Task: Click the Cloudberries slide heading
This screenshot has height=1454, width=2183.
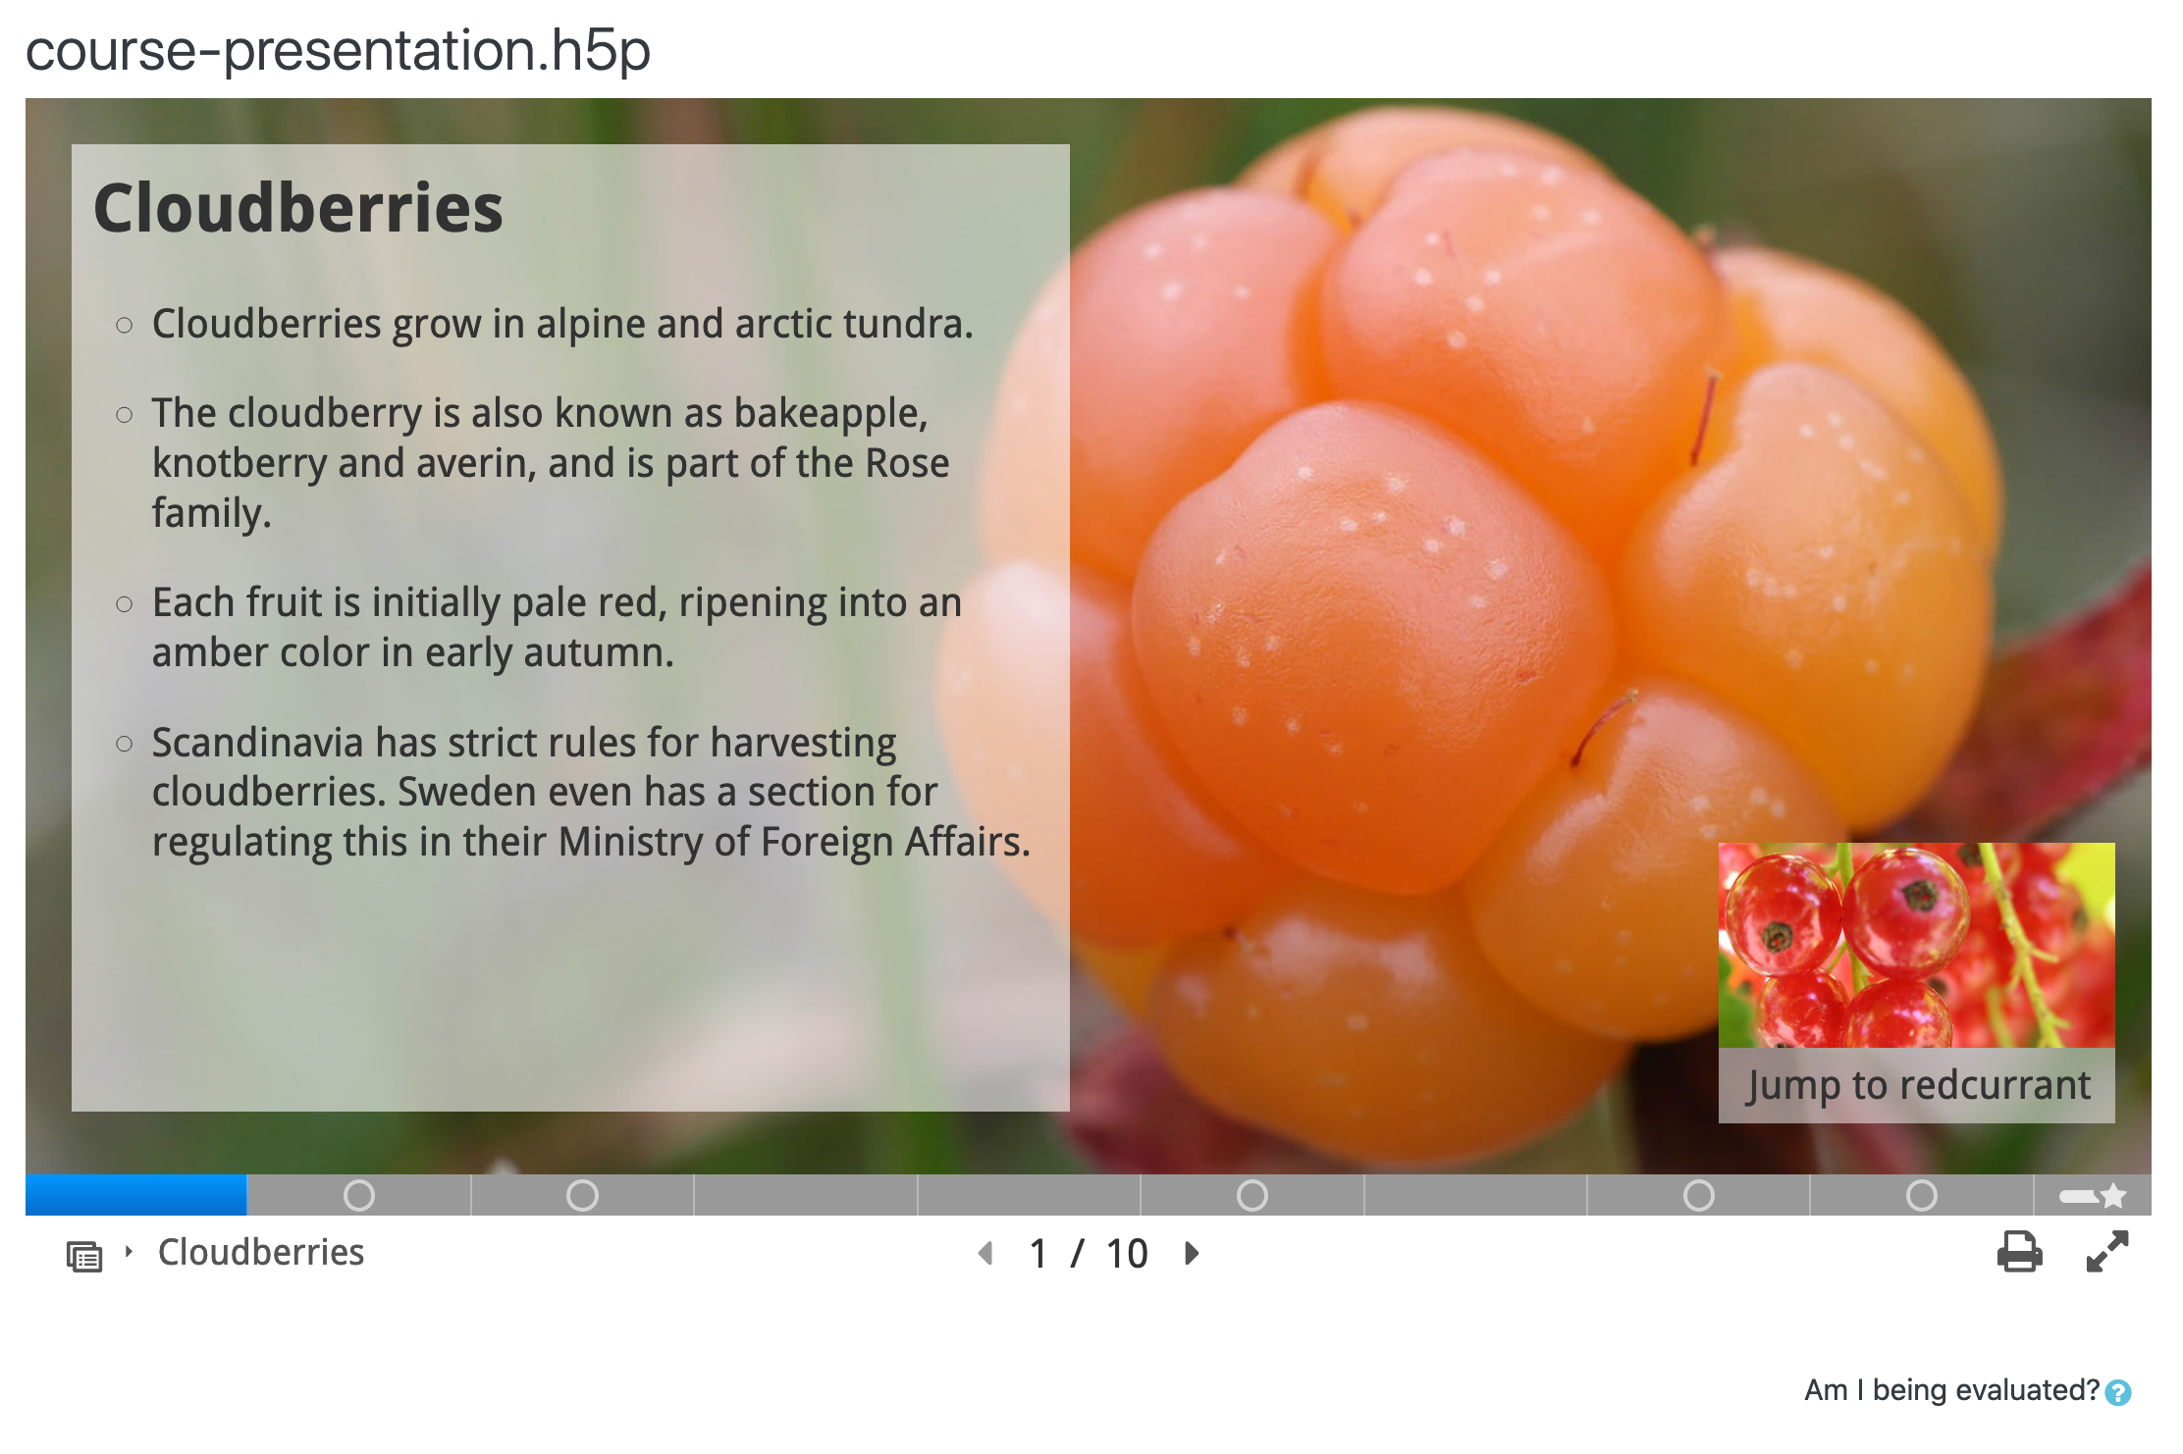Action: coord(298,208)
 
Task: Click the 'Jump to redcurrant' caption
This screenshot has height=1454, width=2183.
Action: coord(1918,1085)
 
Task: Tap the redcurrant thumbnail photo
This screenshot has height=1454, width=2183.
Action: coord(1916,945)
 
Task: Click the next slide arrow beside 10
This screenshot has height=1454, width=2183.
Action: coord(1193,1253)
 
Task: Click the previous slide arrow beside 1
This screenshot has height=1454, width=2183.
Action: coord(985,1253)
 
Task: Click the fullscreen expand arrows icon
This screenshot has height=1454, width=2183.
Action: coord(2107,1251)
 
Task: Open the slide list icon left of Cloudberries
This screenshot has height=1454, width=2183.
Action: coord(84,1256)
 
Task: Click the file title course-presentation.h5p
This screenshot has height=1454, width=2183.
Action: coord(338,50)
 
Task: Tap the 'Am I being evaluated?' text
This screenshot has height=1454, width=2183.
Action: coord(1951,1390)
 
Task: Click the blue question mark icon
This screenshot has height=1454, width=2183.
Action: coord(2118,1392)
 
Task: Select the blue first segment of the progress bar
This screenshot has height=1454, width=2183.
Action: coord(136,1195)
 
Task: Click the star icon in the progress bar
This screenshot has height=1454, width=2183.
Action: coord(2113,1196)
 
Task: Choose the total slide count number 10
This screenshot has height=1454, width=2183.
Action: coord(1127,1254)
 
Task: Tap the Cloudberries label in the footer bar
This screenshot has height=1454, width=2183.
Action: coord(261,1253)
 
